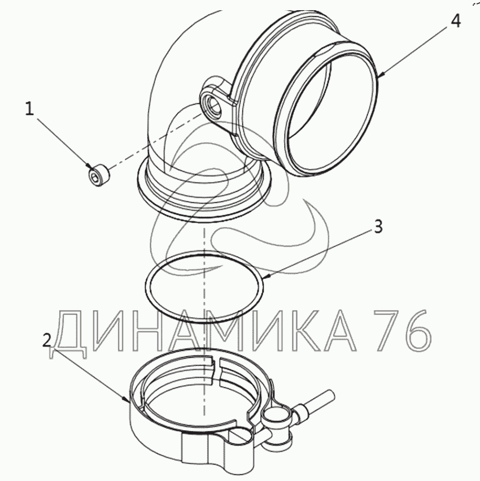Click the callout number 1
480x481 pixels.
click(x=29, y=109)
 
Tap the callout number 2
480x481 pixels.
click(x=47, y=340)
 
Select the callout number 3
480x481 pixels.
click(x=378, y=227)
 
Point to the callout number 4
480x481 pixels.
click(x=455, y=21)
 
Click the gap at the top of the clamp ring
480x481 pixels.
click(x=216, y=370)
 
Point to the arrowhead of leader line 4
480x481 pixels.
click(x=380, y=75)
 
